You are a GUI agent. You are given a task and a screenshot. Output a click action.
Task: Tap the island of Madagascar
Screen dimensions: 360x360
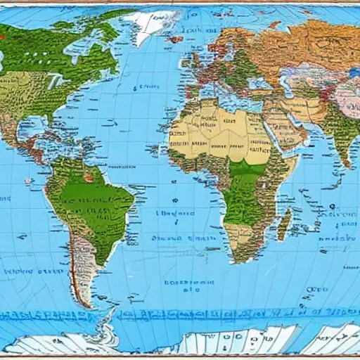point(284,224)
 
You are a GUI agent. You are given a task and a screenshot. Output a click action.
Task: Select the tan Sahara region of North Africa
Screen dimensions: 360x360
point(211,134)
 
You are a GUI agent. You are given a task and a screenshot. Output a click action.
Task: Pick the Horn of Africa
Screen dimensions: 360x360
point(295,172)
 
